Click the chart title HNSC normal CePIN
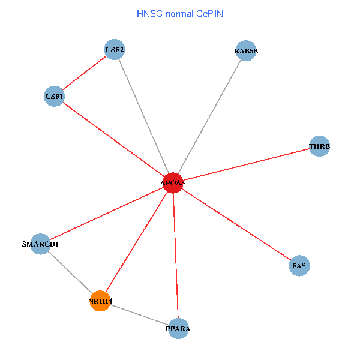pos(180,13)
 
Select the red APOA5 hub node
pos(173,182)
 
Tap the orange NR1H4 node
pos(100,301)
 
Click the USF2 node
pos(115,50)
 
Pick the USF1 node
pos(55,96)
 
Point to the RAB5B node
pos(246,51)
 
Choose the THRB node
pos(320,146)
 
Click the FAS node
pos(299,265)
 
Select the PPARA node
pos(178,328)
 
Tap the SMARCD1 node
pos(40,244)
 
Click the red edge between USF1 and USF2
pos(85,73)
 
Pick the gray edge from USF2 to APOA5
pos(144,116)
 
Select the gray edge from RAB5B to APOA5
pos(209,117)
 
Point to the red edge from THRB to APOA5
pos(246,164)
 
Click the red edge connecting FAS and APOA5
pos(236,224)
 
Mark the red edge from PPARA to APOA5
pos(175,255)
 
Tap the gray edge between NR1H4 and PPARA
pos(139,314)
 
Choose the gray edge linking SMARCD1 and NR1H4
pos(70,272)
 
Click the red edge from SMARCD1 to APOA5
pos(106,214)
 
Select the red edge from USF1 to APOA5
pos(113,139)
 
